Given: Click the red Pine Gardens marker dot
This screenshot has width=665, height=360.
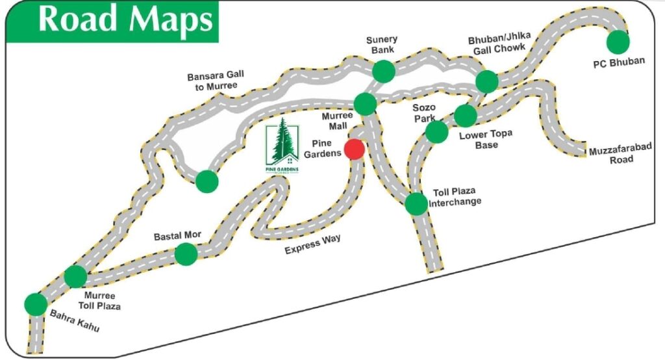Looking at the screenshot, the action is pos(354,149).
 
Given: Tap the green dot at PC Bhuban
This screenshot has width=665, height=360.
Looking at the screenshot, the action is pos(618,42).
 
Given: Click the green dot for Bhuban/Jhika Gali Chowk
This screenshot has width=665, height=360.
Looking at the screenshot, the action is pos(486,81).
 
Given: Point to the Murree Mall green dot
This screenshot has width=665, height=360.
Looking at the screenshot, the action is pos(365,103).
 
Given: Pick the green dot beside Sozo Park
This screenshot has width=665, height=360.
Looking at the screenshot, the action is pos(436,131).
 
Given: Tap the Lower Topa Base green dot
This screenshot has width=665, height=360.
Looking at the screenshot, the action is pos(465,116).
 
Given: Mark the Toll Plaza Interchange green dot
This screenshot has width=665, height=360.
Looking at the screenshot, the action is pos(416,203).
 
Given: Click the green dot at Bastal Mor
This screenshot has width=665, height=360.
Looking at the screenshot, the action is pos(186,253).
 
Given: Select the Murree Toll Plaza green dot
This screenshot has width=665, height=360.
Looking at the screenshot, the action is pos(75,276).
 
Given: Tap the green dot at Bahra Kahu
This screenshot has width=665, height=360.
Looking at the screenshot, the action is pos(35,303).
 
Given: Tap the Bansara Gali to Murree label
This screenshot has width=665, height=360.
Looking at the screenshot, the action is pos(212,81).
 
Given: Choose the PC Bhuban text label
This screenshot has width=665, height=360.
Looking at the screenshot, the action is pos(619,62).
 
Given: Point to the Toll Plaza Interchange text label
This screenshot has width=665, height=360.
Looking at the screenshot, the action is pos(458,197).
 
